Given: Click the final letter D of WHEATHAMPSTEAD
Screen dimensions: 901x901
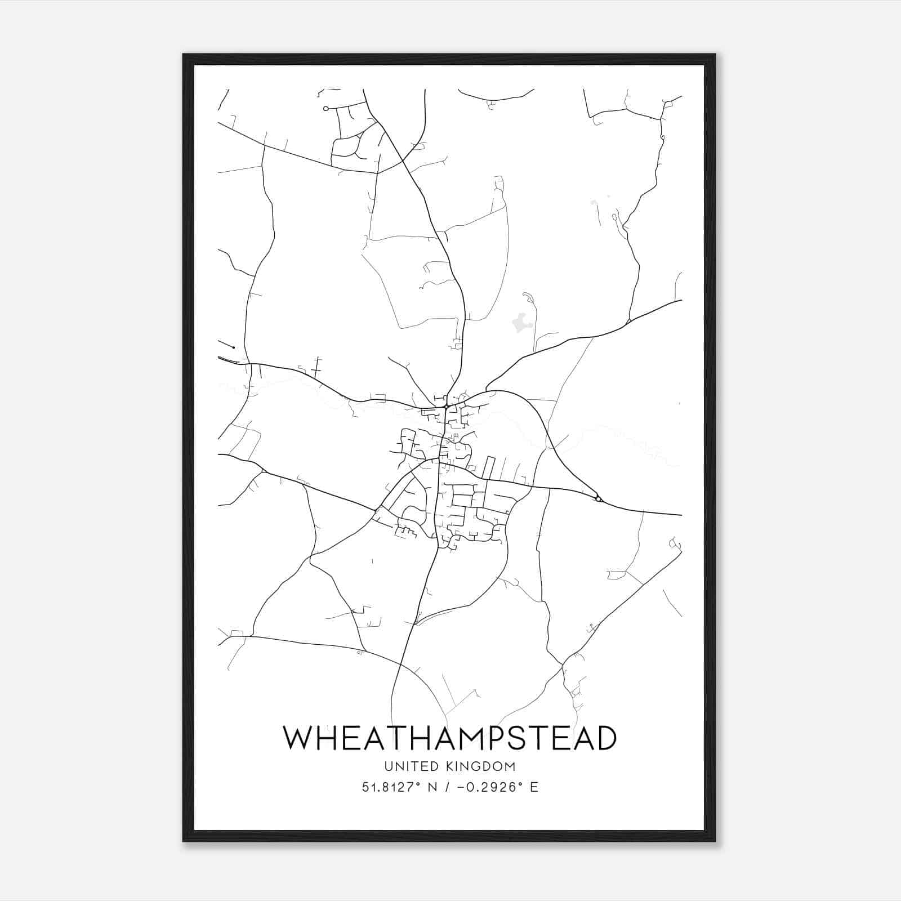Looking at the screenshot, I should [x=605, y=738].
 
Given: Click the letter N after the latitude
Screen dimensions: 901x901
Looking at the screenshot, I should [x=432, y=787].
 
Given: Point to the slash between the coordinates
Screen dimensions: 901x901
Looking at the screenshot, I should [x=448, y=787].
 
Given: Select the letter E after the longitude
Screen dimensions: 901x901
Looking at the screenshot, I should [x=533, y=787].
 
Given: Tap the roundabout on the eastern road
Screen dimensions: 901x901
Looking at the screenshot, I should [x=597, y=498].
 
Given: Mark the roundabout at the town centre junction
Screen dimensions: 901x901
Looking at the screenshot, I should [x=445, y=406].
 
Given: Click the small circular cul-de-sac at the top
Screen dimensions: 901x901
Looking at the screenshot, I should [x=325, y=109].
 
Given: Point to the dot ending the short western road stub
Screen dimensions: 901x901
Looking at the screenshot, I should [x=233, y=347].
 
